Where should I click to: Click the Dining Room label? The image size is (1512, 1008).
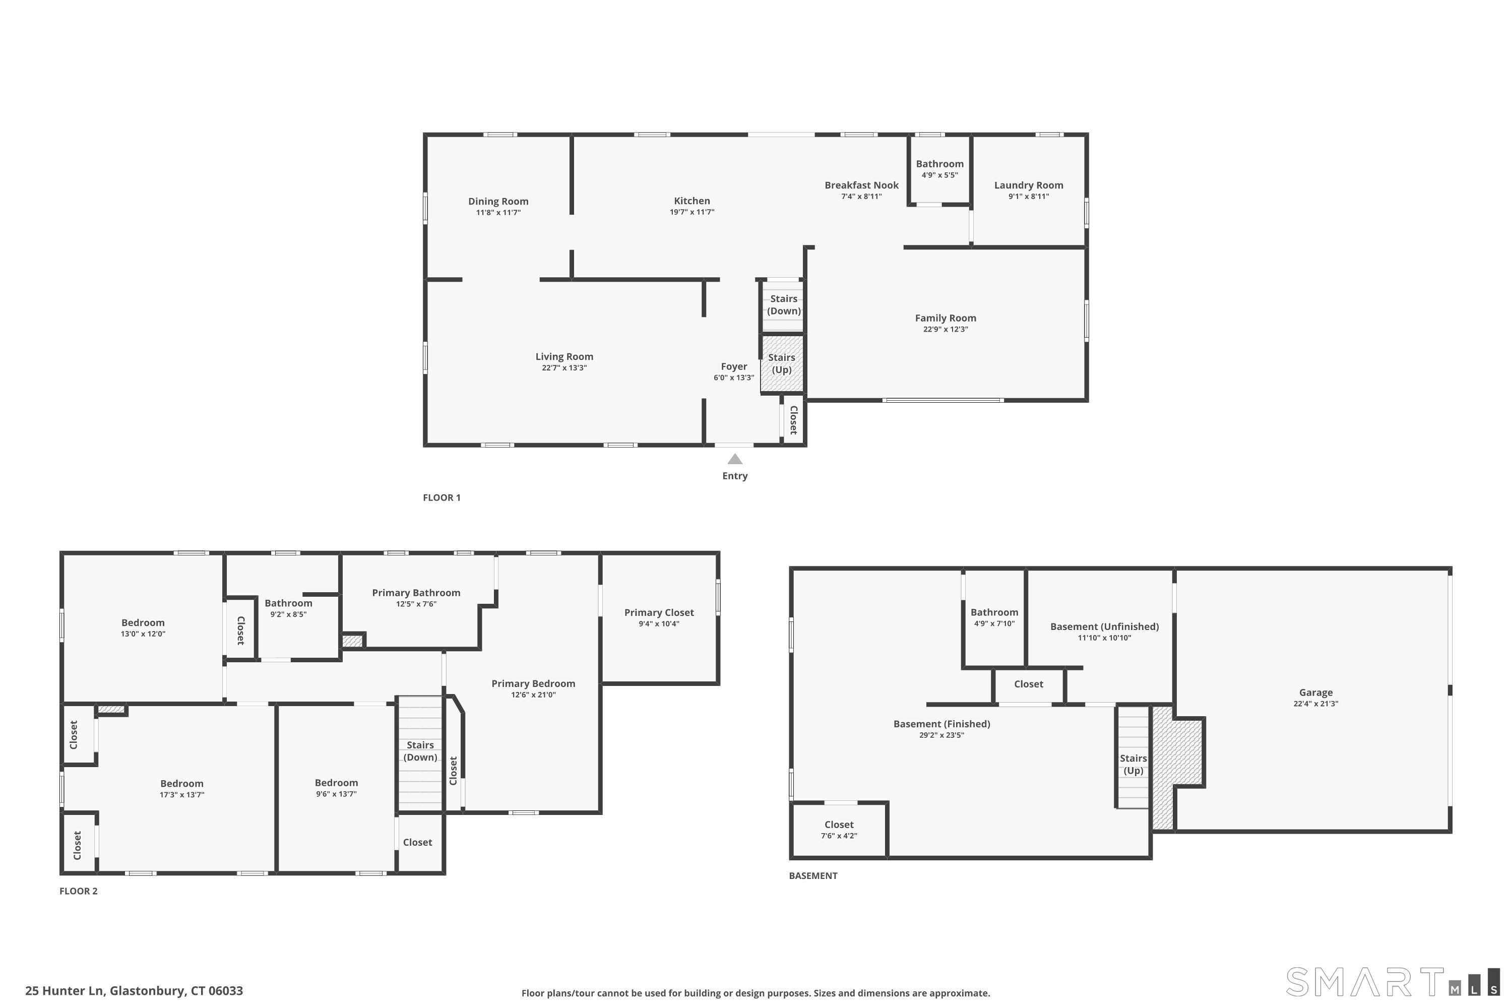(x=498, y=201)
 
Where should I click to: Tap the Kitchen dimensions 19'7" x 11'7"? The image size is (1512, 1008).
(x=691, y=212)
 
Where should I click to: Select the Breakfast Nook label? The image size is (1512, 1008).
(x=861, y=185)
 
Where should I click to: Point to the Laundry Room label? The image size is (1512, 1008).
(x=1029, y=185)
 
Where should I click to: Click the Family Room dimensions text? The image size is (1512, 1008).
(x=946, y=329)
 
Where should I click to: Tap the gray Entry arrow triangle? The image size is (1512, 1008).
(x=735, y=459)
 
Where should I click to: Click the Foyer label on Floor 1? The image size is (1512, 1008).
(x=733, y=366)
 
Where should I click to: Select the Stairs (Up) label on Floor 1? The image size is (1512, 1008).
(x=782, y=363)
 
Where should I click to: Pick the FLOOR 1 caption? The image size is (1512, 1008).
(x=442, y=497)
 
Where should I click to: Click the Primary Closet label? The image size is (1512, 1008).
(x=659, y=613)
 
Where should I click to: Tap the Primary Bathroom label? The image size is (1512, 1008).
(x=416, y=593)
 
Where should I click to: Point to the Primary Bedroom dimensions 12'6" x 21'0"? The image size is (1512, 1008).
(x=533, y=695)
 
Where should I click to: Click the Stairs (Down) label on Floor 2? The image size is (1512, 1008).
(x=420, y=751)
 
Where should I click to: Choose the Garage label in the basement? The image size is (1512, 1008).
(x=1315, y=692)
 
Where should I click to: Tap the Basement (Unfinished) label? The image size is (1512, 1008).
(x=1104, y=627)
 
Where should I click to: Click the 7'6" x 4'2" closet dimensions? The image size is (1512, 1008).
(x=839, y=836)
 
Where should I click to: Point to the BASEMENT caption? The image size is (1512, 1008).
(x=813, y=875)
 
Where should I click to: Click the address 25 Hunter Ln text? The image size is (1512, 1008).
(x=65, y=991)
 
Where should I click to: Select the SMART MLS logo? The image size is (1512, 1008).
(x=1393, y=982)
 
